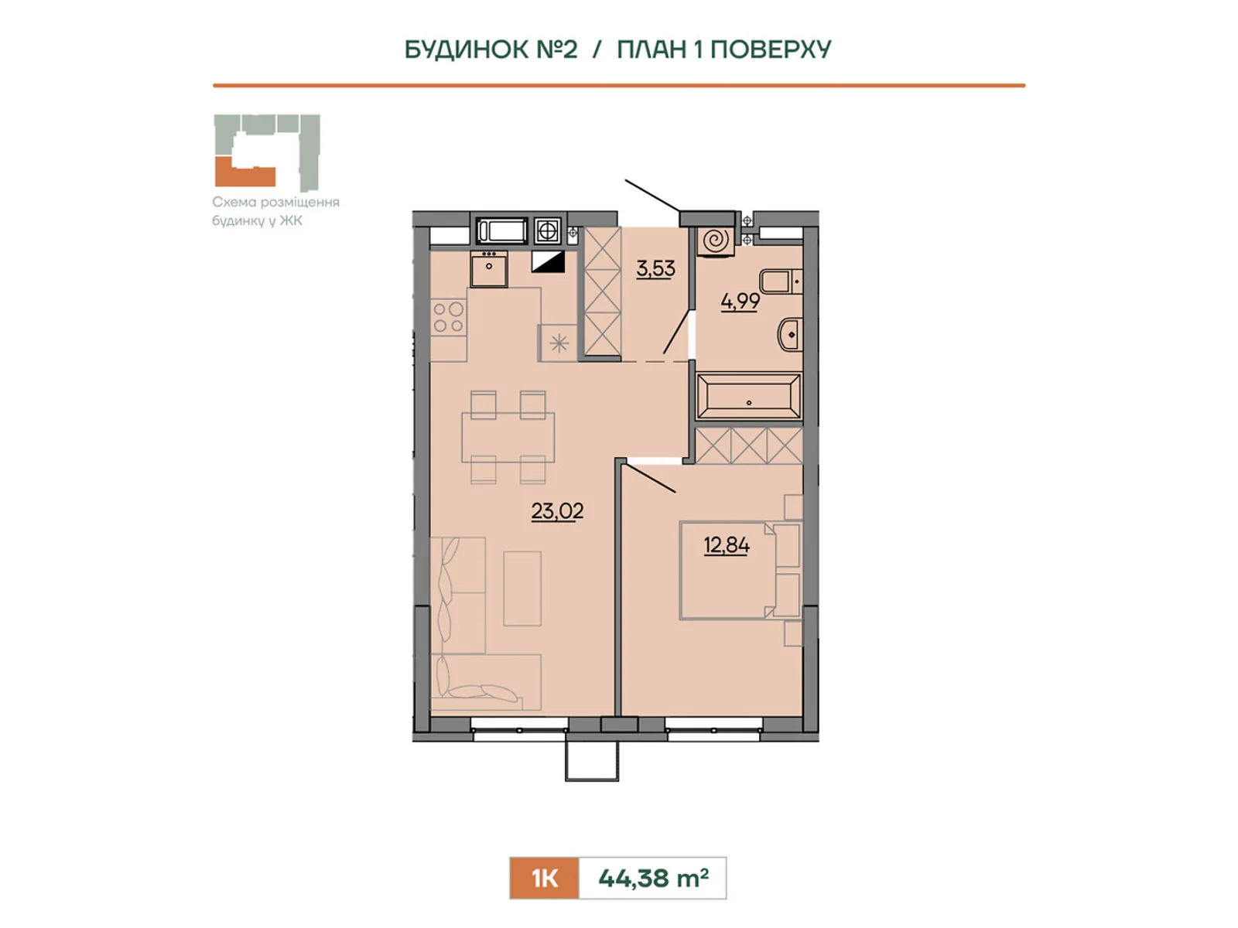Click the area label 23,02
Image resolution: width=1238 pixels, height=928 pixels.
click(x=556, y=511)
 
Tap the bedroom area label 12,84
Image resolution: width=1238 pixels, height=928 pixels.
click(x=726, y=545)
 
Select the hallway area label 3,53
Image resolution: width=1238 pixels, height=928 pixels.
click(x=655, y=268)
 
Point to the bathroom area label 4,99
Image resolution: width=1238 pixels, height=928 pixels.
click(x=740, y=302)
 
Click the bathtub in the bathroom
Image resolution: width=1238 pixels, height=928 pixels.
click(x=748, y=396)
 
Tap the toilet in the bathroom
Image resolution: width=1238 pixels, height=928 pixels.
click(x=781, y=281)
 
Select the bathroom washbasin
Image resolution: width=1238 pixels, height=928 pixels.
click(x=790, y=335)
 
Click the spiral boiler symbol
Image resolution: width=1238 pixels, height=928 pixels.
click(x=715, y=241)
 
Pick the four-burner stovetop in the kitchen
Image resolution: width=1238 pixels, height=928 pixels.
click(x=448, y=317)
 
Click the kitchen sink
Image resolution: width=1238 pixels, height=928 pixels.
click(x=489, y=268)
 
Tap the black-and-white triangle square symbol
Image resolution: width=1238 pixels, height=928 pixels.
click(x=549, y=262)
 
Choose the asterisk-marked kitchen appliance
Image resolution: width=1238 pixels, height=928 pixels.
click(x=559, y=343)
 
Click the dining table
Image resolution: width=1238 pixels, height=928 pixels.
click(x=508, y=437)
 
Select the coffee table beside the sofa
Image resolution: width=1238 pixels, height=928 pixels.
click(x=522, y=589)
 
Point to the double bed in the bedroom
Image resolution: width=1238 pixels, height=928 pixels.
click(x=740, y=571)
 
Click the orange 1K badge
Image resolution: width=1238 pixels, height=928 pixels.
click(x=544, y=878)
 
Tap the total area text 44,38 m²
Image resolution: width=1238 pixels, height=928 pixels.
click(x=653, y=878)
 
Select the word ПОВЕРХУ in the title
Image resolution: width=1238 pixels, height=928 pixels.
click(x=771, y=49)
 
